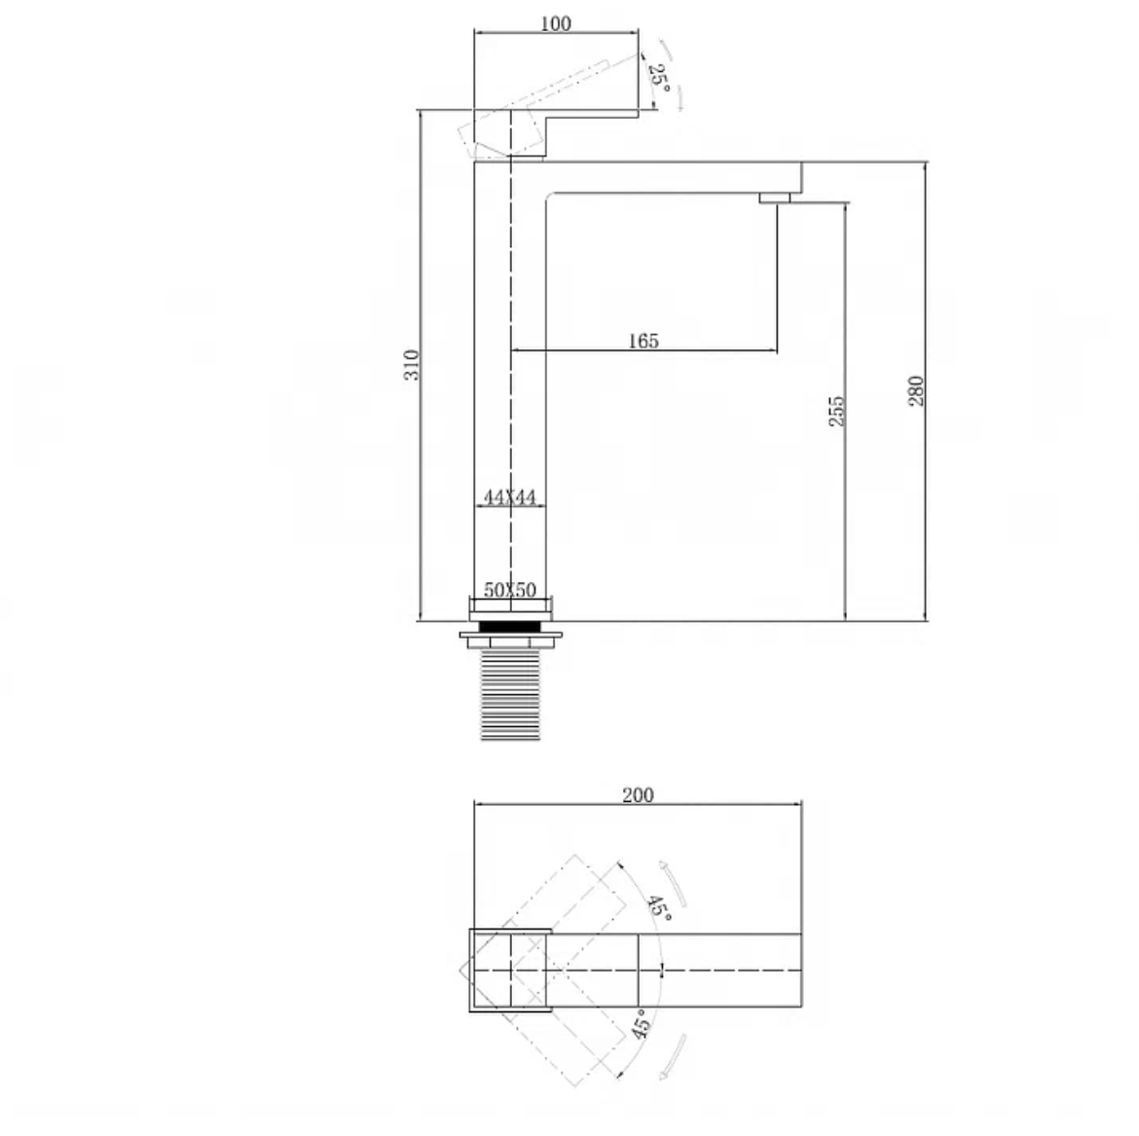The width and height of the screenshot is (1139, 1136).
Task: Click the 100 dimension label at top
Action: [556, 23]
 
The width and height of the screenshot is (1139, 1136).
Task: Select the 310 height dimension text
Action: [412, 365]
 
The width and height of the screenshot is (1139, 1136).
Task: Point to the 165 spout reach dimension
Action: [643, 340]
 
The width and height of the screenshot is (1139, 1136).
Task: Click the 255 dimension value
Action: [837, 411]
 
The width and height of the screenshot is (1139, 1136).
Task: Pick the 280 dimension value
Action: [916, 390]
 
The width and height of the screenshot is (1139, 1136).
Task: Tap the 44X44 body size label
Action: [510, 496]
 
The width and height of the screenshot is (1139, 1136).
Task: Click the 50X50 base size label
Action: [510, 590]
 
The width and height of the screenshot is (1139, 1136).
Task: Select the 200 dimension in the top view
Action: [638, 795]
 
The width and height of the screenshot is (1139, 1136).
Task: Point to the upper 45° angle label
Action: [659, 908]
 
